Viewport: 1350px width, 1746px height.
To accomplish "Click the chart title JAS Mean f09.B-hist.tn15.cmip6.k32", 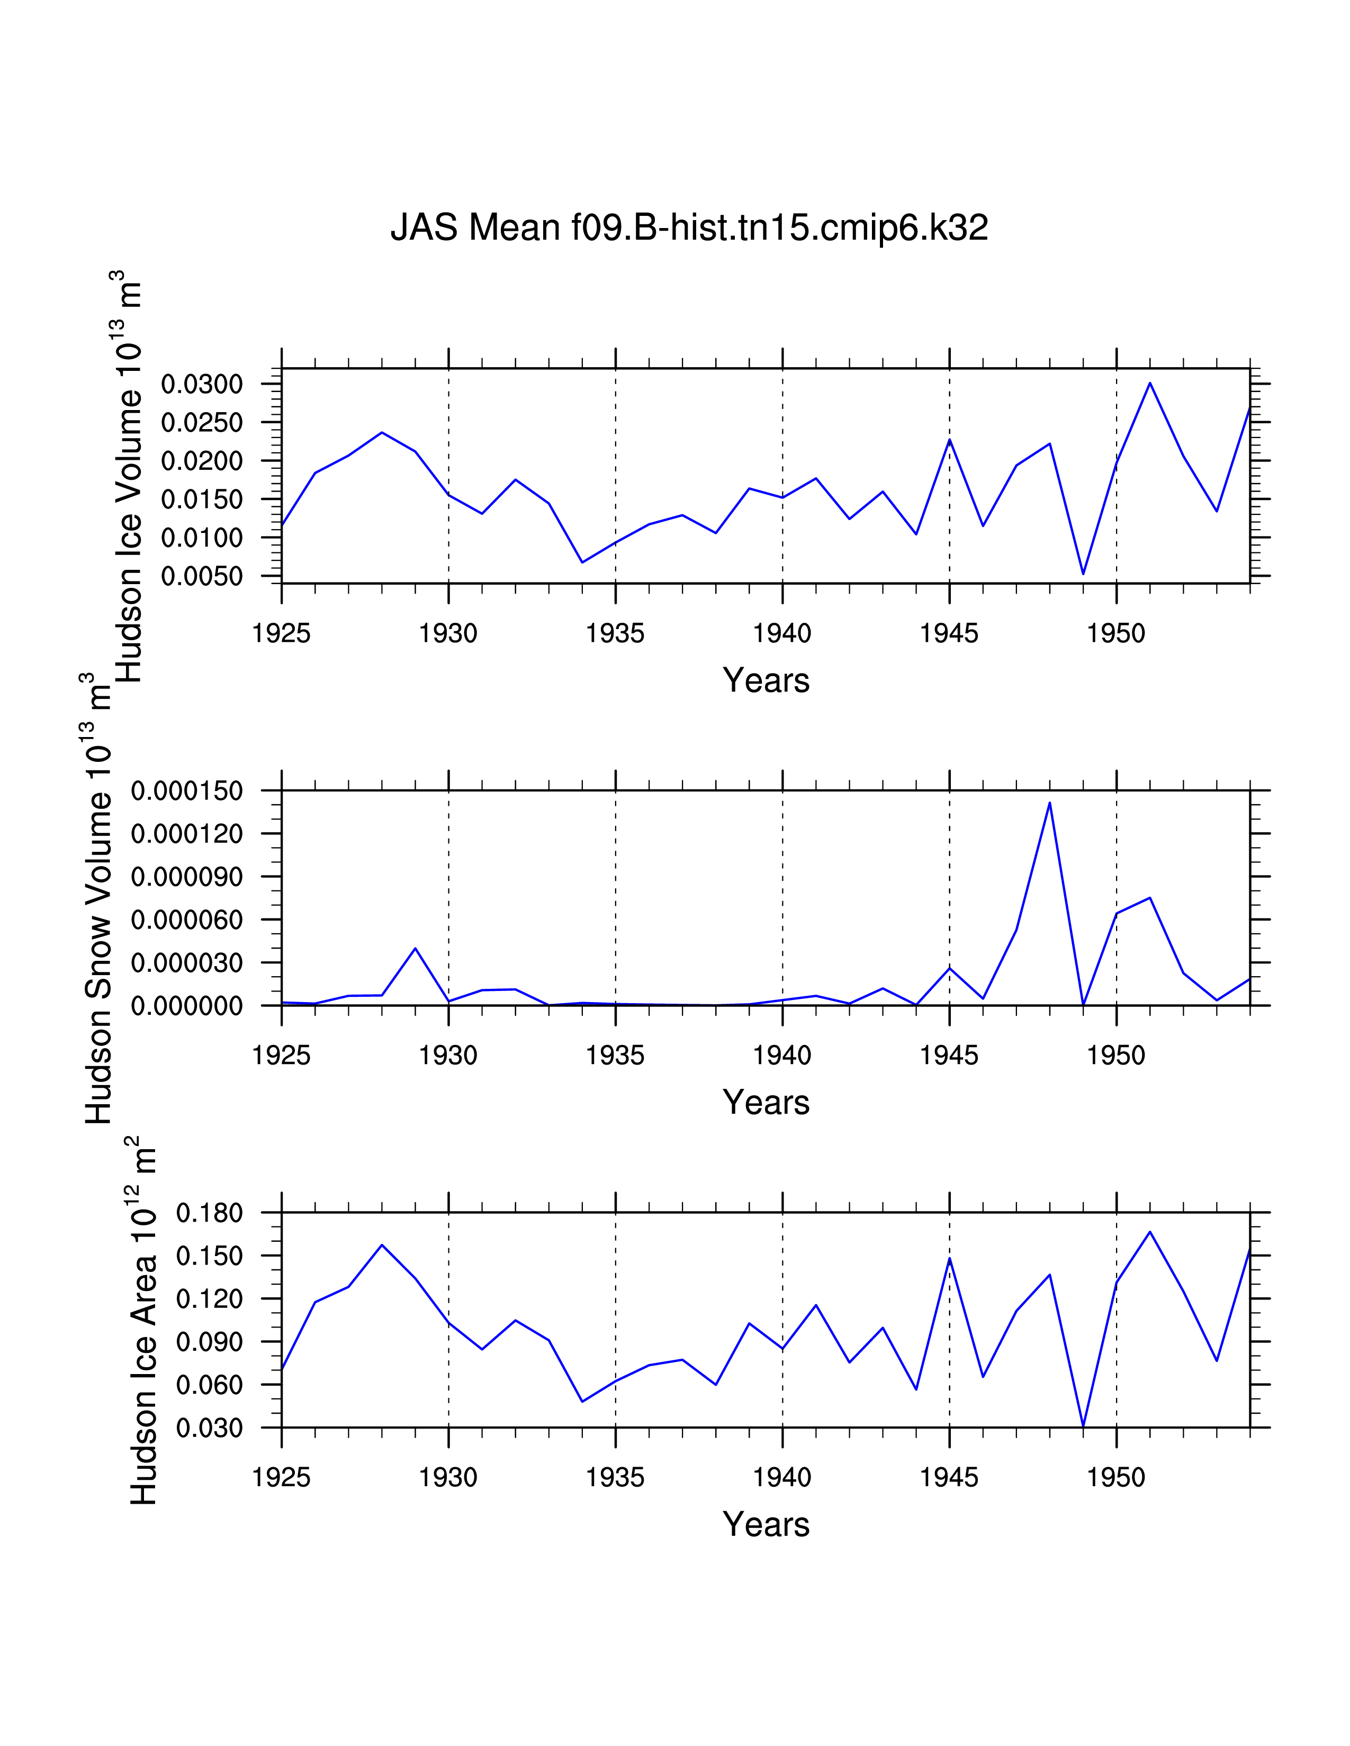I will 689,229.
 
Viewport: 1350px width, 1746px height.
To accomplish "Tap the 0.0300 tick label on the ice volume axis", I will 202,385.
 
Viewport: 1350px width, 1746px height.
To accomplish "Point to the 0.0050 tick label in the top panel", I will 202,576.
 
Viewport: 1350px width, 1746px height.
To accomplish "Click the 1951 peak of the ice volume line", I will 1150,383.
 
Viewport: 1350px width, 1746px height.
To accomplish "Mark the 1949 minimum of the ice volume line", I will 1083,573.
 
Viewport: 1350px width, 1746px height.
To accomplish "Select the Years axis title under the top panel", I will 766,681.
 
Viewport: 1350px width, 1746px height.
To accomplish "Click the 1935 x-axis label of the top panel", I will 615,634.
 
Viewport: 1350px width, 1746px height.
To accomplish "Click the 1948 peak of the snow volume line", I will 1049,803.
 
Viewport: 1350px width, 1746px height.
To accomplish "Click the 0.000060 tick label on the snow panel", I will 186,920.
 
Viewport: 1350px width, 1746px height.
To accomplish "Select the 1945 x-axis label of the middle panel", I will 949,1056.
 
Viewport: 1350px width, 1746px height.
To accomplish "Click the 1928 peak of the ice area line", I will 382,1245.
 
